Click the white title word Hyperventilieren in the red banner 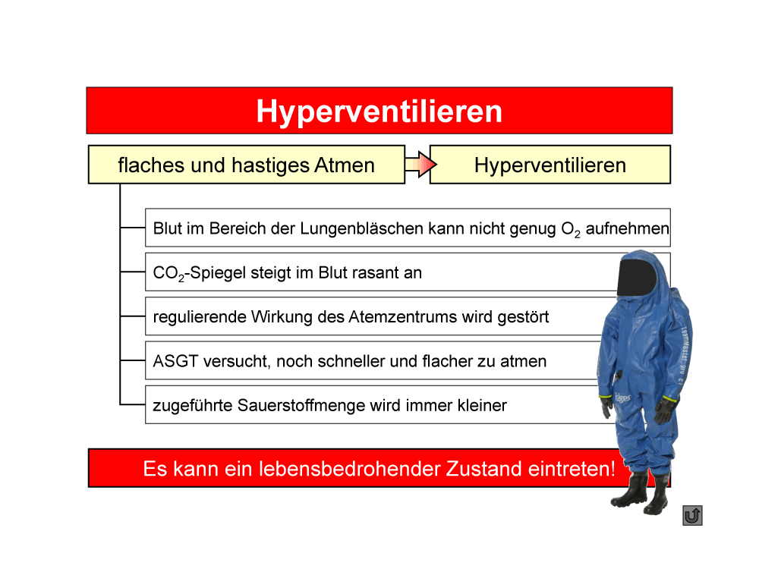(x=379, y=112)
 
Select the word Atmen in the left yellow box (x=344, y=165)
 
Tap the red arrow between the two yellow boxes (x=420, y=165)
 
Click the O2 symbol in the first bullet (x=571, y=229)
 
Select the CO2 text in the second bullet (x=168, y=273)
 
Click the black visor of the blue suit (x=637, y=277)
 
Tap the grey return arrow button (x=692, y=515)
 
